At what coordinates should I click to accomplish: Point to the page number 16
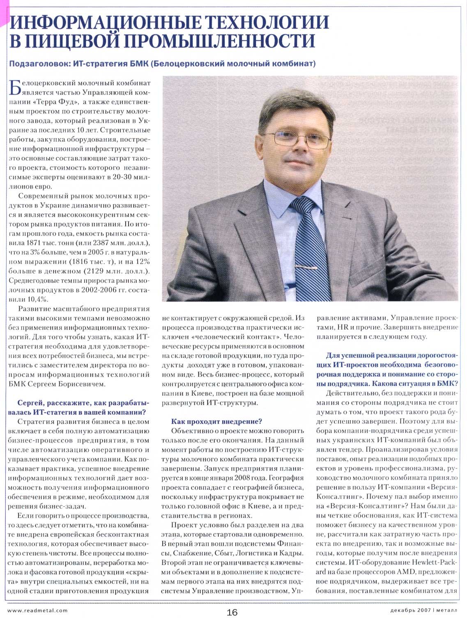tap(232, 612)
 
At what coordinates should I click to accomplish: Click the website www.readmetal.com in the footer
tap(38, 610)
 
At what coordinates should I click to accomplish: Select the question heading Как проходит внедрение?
tap(216, 421)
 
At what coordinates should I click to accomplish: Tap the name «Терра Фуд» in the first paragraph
tap(55, 102)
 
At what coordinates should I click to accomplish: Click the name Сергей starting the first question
tap(30, 403)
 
